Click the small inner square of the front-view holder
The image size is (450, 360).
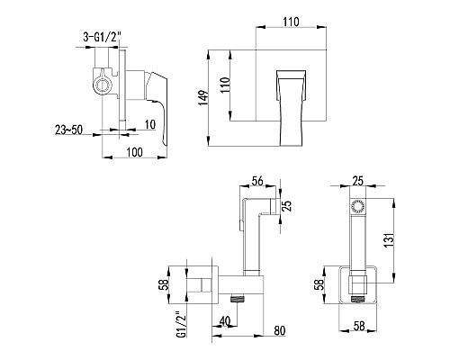click(357, 287)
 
